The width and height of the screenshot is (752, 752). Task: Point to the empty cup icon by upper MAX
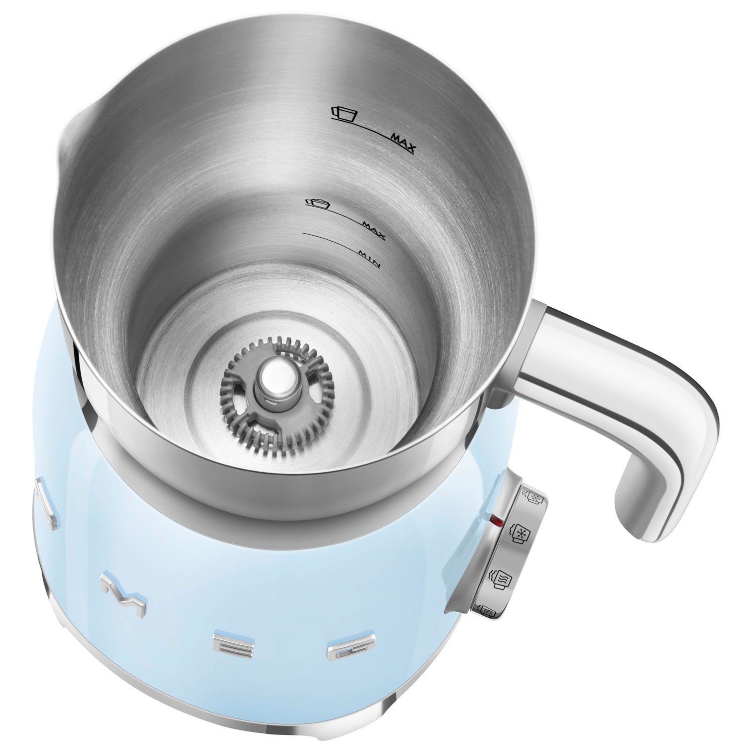coord(345,113)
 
